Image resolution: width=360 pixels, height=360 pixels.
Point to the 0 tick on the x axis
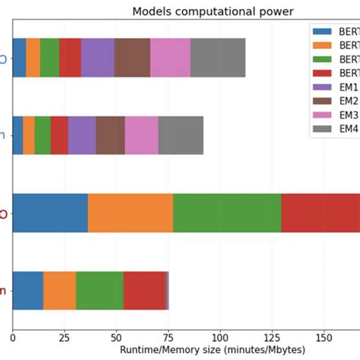tap(13, 336)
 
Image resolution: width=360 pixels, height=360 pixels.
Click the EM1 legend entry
tap(347, 87)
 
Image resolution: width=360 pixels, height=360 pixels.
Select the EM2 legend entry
tap(347, 101)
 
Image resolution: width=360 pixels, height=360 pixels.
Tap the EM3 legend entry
tap(347, 115)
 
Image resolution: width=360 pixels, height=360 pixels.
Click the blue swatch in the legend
tap(324, 31)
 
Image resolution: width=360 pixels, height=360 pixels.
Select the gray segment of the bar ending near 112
tap(218, 57)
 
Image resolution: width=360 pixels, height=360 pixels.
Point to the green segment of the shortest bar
tap(99, 290)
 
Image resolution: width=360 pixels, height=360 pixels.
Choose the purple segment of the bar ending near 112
tap(97, 57)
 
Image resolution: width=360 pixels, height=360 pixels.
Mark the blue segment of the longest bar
tap(50, 213)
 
